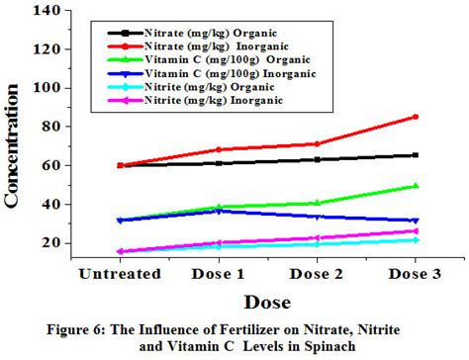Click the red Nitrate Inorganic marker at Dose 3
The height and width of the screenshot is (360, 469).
coord(415,117)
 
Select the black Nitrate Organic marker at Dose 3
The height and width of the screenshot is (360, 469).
coord(415,155)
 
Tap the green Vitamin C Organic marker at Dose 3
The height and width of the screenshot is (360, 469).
coord(415,186)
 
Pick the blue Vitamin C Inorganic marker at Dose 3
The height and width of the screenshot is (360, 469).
coord(415,221)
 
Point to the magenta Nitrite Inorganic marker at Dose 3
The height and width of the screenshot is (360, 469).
coord(415,231)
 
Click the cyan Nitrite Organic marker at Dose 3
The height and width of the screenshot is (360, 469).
coord(415,240)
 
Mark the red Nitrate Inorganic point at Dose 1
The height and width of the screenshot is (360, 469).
coord(219,150)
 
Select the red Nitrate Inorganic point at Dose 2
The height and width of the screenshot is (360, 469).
coord(317,144)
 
